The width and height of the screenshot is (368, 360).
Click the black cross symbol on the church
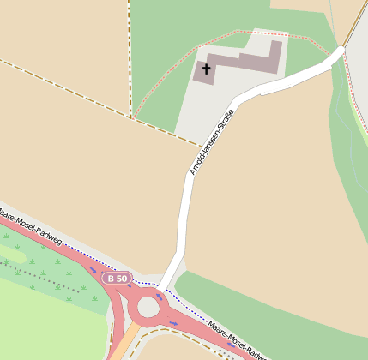pos(206,68)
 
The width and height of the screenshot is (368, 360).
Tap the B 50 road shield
pos(116,279)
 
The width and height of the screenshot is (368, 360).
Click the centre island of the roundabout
pos(148,306)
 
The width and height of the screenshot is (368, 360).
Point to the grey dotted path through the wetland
pos(43,276)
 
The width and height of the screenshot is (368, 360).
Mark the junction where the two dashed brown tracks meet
pos(130,117)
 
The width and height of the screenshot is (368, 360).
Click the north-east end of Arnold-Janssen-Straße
pos(339,53)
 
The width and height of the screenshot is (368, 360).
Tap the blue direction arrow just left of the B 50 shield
pos(94,271)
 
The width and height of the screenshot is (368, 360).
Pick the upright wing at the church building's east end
pos(274,57)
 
